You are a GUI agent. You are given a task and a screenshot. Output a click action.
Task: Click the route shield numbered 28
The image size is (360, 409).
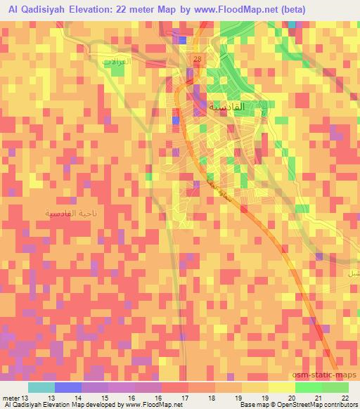[x=198, y=59]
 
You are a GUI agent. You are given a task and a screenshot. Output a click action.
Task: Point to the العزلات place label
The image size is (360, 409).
[x=117, y=62]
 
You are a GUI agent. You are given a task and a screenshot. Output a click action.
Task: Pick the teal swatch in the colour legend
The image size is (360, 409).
[x=41, y=387]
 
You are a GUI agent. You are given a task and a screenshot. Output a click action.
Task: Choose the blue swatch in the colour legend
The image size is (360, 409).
[x=68, y=387]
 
